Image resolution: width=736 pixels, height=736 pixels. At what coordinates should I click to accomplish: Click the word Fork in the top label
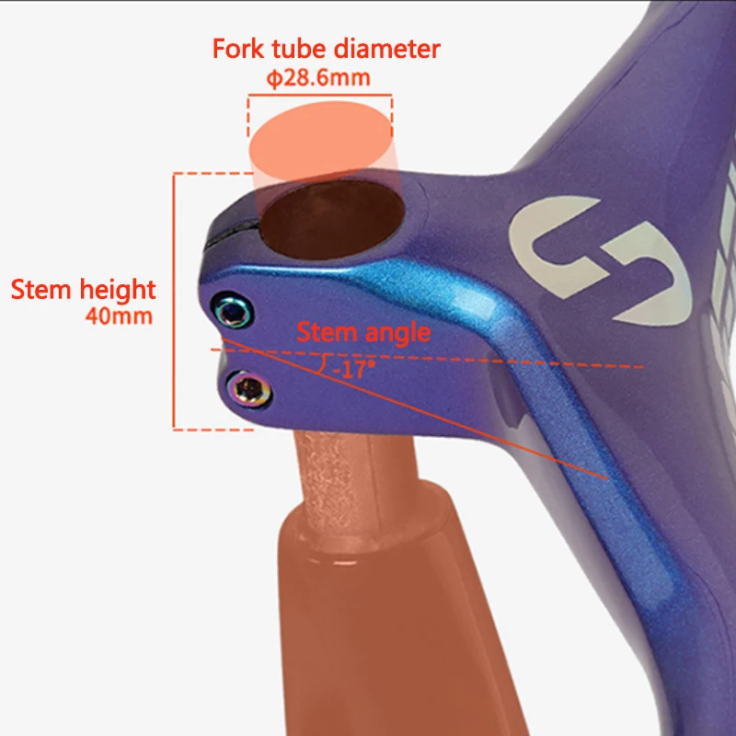(x=236, y=49)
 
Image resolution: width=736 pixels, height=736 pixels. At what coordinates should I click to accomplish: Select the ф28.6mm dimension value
(x=318, y=78)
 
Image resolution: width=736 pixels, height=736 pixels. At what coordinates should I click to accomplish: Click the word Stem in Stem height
(x=42, y=290)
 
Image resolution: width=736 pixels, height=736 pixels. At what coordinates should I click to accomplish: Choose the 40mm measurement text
(x=118, y=317)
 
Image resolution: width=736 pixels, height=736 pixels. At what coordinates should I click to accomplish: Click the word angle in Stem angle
(x=397, y=332)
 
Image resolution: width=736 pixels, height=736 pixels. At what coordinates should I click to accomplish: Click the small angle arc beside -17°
(x=322, y=366)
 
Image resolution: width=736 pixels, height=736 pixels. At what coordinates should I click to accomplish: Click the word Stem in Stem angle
(x=325, y=332)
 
